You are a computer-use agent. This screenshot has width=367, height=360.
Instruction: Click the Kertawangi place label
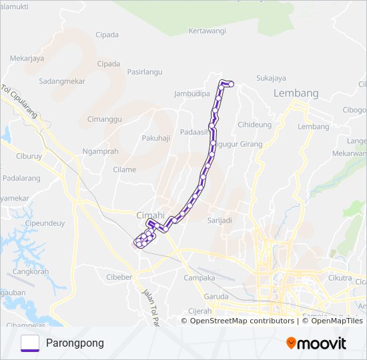pos(208,31)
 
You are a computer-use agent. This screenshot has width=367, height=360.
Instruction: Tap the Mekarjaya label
pos(27,58)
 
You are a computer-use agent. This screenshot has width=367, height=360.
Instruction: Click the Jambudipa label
pos(192,94)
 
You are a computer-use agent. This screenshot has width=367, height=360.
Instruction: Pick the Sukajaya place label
pos(271,78)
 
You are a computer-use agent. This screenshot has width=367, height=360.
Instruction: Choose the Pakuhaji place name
pos(156,138)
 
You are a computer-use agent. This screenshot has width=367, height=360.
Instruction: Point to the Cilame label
pos(124,169)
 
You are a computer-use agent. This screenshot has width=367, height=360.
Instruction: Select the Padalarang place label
pos(21,178)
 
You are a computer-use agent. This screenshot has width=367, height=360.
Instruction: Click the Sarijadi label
pos(219,220)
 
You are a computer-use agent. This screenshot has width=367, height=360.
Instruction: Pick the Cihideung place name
pos(255,124)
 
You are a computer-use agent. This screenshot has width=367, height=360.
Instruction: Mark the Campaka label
pos(199,277)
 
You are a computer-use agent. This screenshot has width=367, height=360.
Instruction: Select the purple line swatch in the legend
pos(30,343)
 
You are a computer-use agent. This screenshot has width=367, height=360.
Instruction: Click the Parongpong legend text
pos(75,343)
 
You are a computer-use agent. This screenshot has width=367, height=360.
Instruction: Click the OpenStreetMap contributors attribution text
pos(242,321)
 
